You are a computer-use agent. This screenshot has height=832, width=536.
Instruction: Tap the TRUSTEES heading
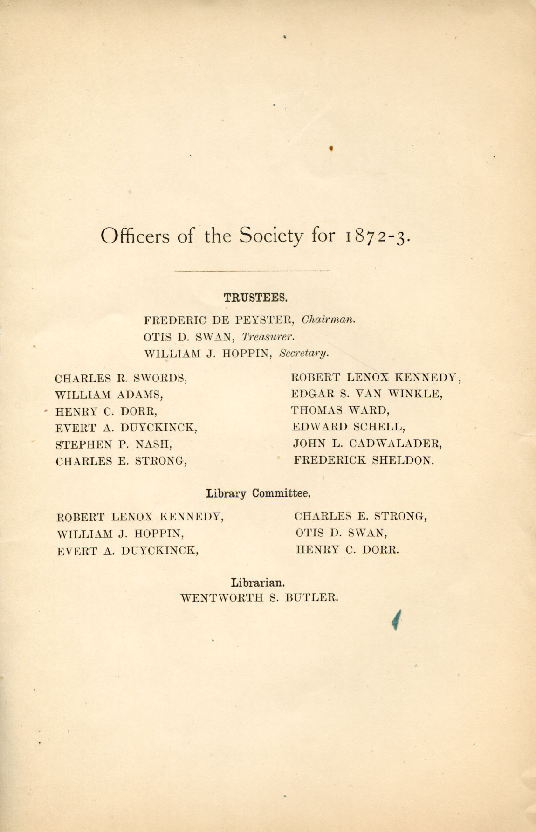coord(252,297)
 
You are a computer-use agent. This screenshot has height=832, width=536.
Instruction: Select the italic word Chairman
coord(329,320)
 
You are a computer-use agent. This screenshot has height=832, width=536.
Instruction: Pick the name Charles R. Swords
coord(121,378)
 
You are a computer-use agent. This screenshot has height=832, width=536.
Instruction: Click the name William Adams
coord(109,395)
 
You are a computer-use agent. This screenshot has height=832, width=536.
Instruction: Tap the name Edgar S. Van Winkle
coord(367,394)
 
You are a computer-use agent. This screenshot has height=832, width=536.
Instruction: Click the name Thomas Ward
coord(340,410)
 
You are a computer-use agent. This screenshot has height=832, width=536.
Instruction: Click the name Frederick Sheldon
coord(364,460)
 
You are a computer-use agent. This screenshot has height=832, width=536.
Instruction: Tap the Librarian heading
coord(258,582)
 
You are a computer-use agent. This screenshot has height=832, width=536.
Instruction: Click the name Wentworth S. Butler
coord(259,598)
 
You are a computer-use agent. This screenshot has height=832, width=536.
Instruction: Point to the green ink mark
coord(396,619)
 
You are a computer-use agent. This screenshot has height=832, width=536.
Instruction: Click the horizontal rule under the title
coord(252,270)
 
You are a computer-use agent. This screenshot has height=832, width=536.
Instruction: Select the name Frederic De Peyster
coord(219,320)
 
